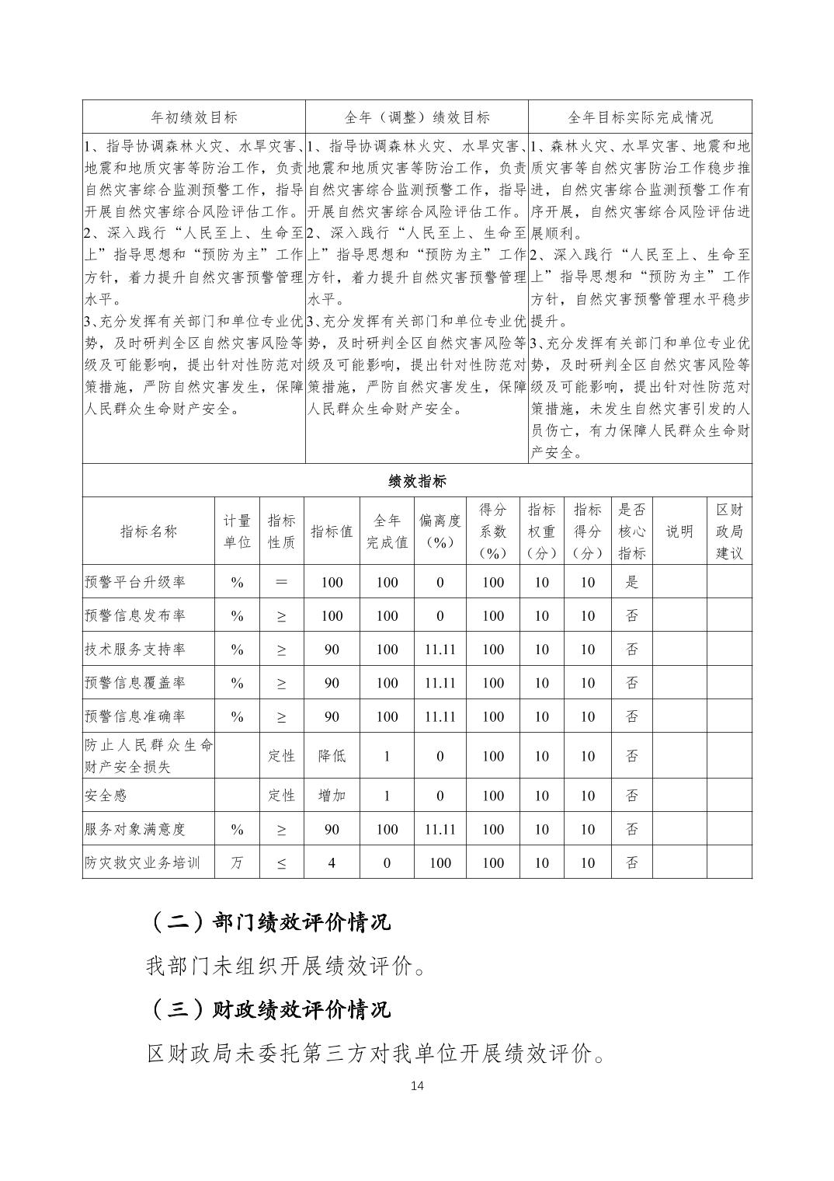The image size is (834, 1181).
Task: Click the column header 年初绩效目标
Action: [x=193, y=117]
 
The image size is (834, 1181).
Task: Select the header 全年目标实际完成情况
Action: [x=640, y=117]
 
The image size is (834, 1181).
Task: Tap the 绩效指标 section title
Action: [x=417, y=481]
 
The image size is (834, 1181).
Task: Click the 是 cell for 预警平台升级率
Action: [x=631, y=582]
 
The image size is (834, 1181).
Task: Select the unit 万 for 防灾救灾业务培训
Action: [x=237, y=862]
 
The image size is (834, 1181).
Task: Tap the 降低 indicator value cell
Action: [x=332, y=756]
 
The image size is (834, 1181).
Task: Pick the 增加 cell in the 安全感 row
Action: [x=332, y=796]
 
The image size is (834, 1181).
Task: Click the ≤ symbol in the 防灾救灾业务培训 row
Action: [x=281, y=862]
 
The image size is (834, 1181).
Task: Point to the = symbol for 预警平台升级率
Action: [x=281, y=582]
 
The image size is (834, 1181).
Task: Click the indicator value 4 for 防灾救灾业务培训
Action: [x=332, y=862]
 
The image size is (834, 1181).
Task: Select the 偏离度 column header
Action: [x=440, y=531]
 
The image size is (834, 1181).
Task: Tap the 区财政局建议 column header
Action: [x=729, y=531]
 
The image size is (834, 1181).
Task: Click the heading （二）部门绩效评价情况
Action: [x=268, y=921]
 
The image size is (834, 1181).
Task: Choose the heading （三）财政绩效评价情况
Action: [x=268, y=1009]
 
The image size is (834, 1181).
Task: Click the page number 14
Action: [x=417, y=1085]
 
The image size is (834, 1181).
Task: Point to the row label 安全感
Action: [x=106, y=796]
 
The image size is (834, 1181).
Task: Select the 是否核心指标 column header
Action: [x=631, y=531]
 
